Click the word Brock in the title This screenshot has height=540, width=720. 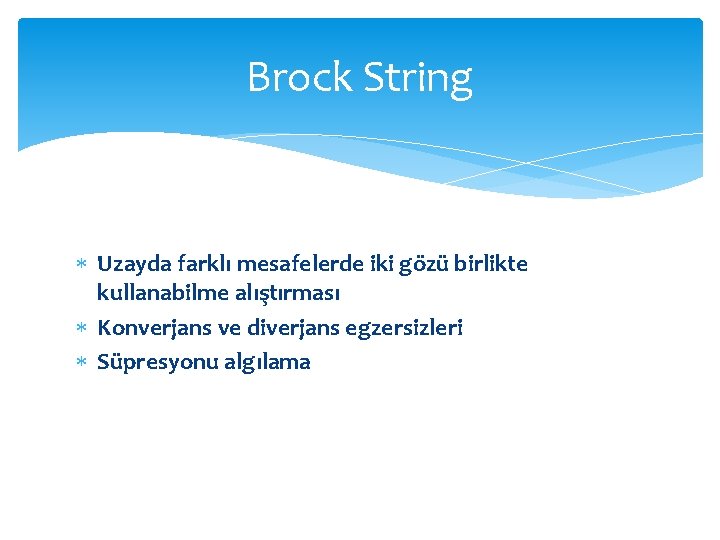pyautogui.click(x=297, y=78)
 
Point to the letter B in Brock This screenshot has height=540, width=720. pyautogui.click(x=258, y=78)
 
